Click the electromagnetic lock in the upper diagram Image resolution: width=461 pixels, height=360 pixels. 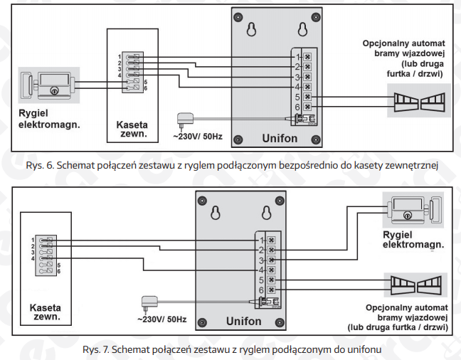coord(49,85)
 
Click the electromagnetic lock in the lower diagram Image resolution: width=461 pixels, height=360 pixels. coord(413,210)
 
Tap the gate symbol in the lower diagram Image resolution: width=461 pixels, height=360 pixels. coord(415,285)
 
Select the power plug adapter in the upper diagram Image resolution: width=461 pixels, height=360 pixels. coord(185,121)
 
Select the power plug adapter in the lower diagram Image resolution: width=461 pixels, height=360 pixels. coord(149,304)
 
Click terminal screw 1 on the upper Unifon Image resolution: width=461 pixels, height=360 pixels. coord(307,57)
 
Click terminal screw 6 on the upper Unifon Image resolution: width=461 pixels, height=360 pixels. coord(307,107)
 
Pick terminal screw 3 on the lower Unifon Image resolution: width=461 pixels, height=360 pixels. coord(271,260)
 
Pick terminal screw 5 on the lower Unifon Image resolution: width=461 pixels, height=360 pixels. coord(271,280)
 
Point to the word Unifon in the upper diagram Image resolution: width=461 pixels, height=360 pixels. coord(280,138)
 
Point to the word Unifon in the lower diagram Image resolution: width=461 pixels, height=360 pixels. coord(244,321)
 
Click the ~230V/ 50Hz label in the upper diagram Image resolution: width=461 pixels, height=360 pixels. coord(198,137)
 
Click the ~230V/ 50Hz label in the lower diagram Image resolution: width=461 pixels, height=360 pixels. coord(161,319)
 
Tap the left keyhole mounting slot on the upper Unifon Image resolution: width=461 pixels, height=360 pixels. coord(251,29)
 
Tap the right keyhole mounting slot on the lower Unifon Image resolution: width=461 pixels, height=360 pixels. coord(267,213)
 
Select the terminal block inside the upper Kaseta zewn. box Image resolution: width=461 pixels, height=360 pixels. coord(132,72)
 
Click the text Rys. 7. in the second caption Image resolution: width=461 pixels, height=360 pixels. coord(96,350)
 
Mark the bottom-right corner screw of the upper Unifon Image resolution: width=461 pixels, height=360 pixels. coord(316,139)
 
